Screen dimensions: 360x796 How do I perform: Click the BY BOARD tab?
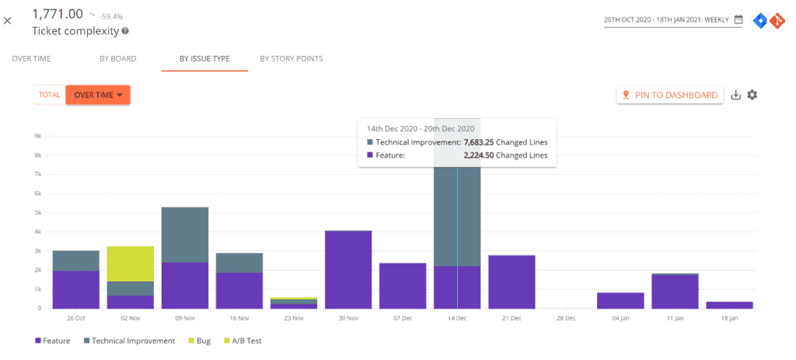[x=117, y=58]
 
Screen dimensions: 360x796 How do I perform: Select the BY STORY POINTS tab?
[x=291, y=58]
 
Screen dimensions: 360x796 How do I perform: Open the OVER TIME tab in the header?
[x=32, y=58]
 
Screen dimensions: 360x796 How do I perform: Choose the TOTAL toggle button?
[x=50, y=95]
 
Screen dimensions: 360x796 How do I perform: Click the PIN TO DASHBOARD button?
[x=670, y=95]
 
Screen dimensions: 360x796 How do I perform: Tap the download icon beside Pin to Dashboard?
[x=735, y=95]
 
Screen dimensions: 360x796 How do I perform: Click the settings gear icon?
[x=752, y=95]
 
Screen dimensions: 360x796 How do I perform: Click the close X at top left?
[x=8, y=20]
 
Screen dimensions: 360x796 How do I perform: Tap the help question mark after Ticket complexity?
[x=125, y=32]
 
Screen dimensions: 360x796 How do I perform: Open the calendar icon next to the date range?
[x=738, y=19]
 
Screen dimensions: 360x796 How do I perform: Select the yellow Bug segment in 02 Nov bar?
[x=130, y=264]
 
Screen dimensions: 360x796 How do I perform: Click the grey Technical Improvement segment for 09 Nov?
[x=184, y=235]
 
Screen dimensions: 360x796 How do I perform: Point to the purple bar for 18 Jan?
[x=729, y=305]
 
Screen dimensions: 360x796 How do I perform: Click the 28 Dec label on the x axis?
[x=566, y=319]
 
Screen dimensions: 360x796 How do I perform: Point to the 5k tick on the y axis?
[x=37, y=212]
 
